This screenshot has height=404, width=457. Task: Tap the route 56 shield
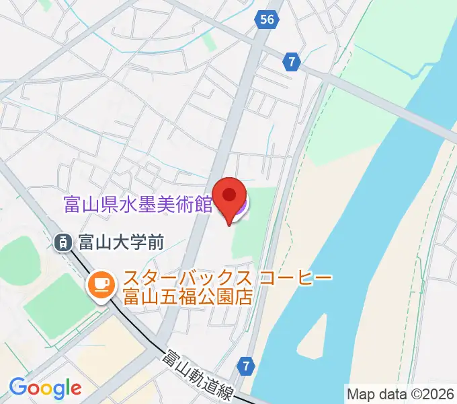pos(267,20)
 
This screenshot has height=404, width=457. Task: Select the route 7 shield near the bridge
pos(291,61)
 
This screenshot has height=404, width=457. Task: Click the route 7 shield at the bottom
pos(247,366)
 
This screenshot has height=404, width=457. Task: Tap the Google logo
pos(45,388)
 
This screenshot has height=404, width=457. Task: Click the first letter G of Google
pos(18,387)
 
